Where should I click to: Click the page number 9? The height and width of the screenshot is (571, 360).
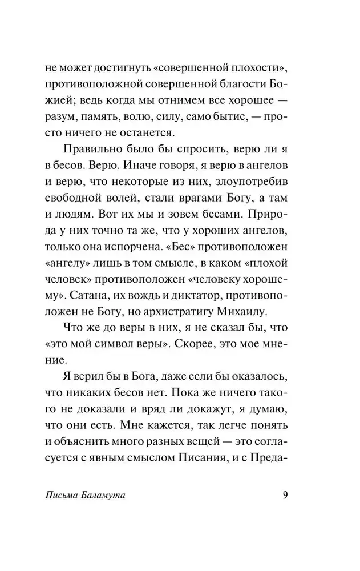(285, 494)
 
